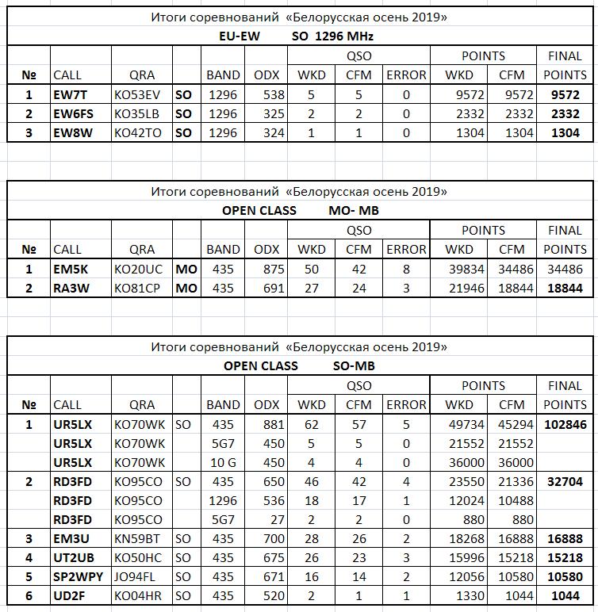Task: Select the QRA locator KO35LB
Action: point(137,113)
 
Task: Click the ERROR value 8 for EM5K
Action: point(406,270)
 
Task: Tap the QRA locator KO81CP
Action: point(137,289)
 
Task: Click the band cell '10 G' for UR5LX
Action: point(223,462)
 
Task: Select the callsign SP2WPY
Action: point(78,577)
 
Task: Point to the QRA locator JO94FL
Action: point(136,577)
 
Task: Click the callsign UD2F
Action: point(70,596)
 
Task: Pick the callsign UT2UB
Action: point(72,558)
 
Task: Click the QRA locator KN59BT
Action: point(136,539)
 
